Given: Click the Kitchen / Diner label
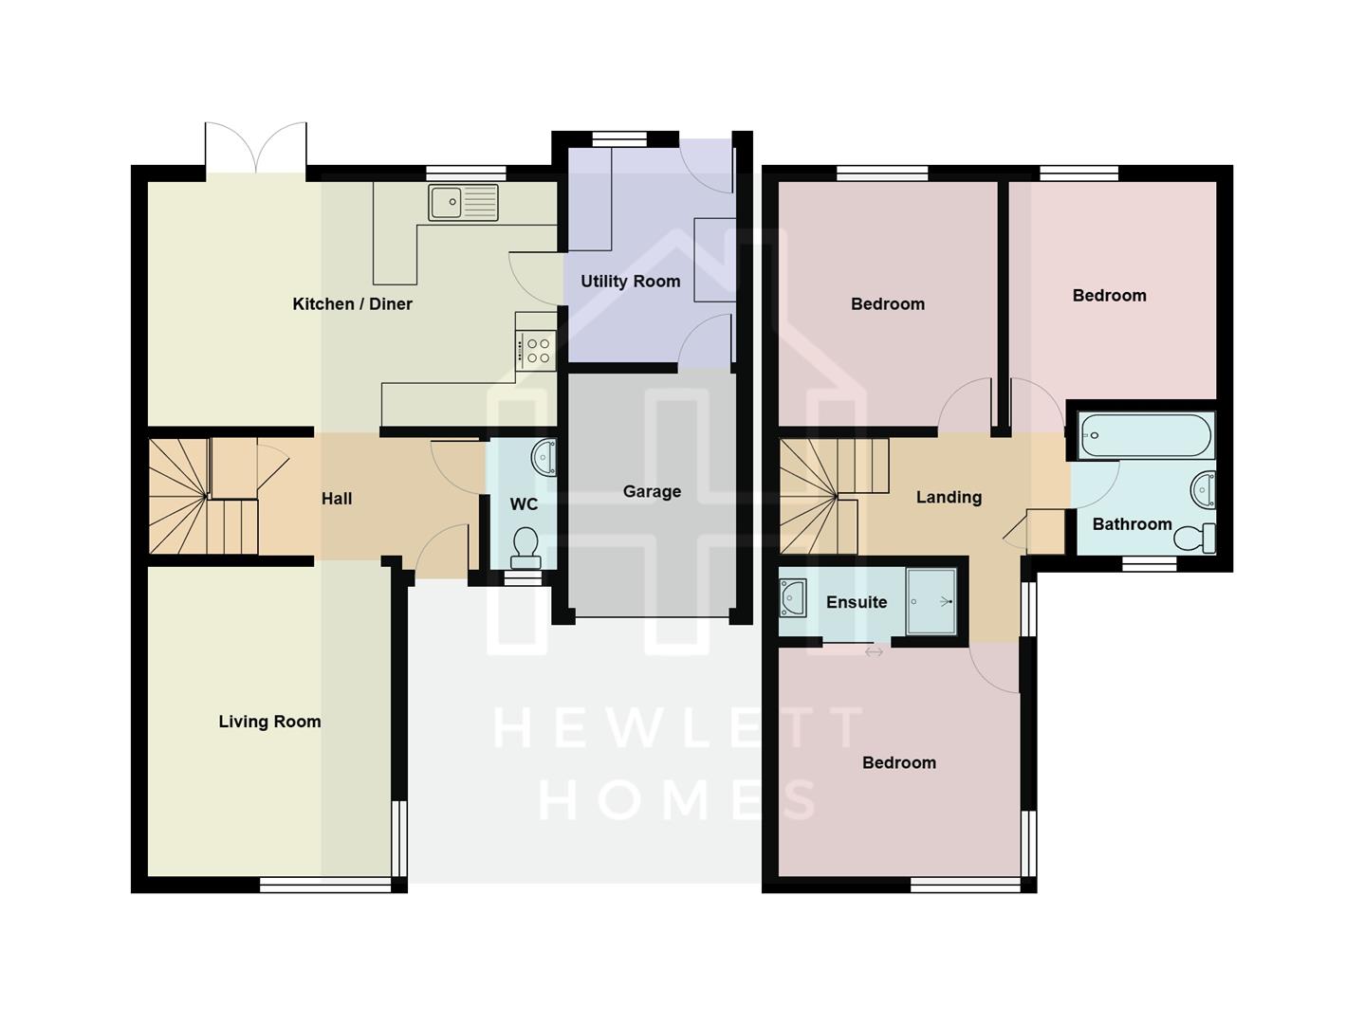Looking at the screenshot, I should coord(352,304).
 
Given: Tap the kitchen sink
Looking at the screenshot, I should coord(463,202).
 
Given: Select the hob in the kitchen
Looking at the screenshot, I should coord(538,351).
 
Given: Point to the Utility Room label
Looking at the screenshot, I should coord(630,282).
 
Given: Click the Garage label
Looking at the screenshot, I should coord(652,491).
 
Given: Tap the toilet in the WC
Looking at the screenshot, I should coord(525,547).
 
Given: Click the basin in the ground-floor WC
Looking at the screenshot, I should coord(544,457).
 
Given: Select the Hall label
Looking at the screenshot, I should coord(336,499).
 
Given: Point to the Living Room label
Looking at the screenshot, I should coord(269,722).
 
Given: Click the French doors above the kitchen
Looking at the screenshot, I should coord(256,149).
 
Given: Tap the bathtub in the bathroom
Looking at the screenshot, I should coord(1146,436).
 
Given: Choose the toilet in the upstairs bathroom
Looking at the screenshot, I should coord(1194,539).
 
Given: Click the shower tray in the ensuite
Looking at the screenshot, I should coord(931,601).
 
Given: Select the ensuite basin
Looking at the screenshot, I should coord(792,597).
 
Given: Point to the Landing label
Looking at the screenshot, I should coord(949,498).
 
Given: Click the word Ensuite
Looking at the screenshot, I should coord(857,603).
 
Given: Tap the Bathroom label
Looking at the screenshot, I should coord(1132,524).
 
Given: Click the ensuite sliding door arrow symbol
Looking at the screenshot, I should coord(874,652).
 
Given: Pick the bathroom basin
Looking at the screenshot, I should coord(1203,489).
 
